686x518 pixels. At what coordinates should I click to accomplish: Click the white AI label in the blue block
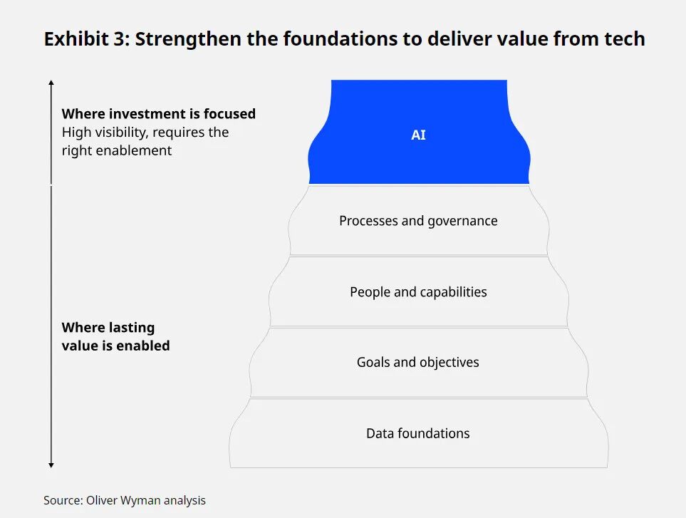[418, 135]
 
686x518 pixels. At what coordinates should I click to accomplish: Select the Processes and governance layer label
[418, 221]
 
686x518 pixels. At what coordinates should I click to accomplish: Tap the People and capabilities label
[418, 292]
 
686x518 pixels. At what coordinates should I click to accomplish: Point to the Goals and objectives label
[418, 362]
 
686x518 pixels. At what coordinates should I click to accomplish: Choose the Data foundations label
[418, 433]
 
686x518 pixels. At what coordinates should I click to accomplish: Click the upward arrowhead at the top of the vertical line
[51, 82]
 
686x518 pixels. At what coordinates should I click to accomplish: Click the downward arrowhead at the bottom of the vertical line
[51, 465]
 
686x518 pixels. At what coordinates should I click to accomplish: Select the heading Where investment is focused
[158, 114]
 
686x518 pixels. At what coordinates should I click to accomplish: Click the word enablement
[133, 150]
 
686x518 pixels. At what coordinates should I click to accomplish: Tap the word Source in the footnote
[63, 500]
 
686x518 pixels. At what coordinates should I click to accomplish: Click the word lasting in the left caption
[132, 328]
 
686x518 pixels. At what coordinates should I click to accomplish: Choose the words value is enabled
[115, 346]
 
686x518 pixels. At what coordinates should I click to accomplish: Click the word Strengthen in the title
[187, 38]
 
